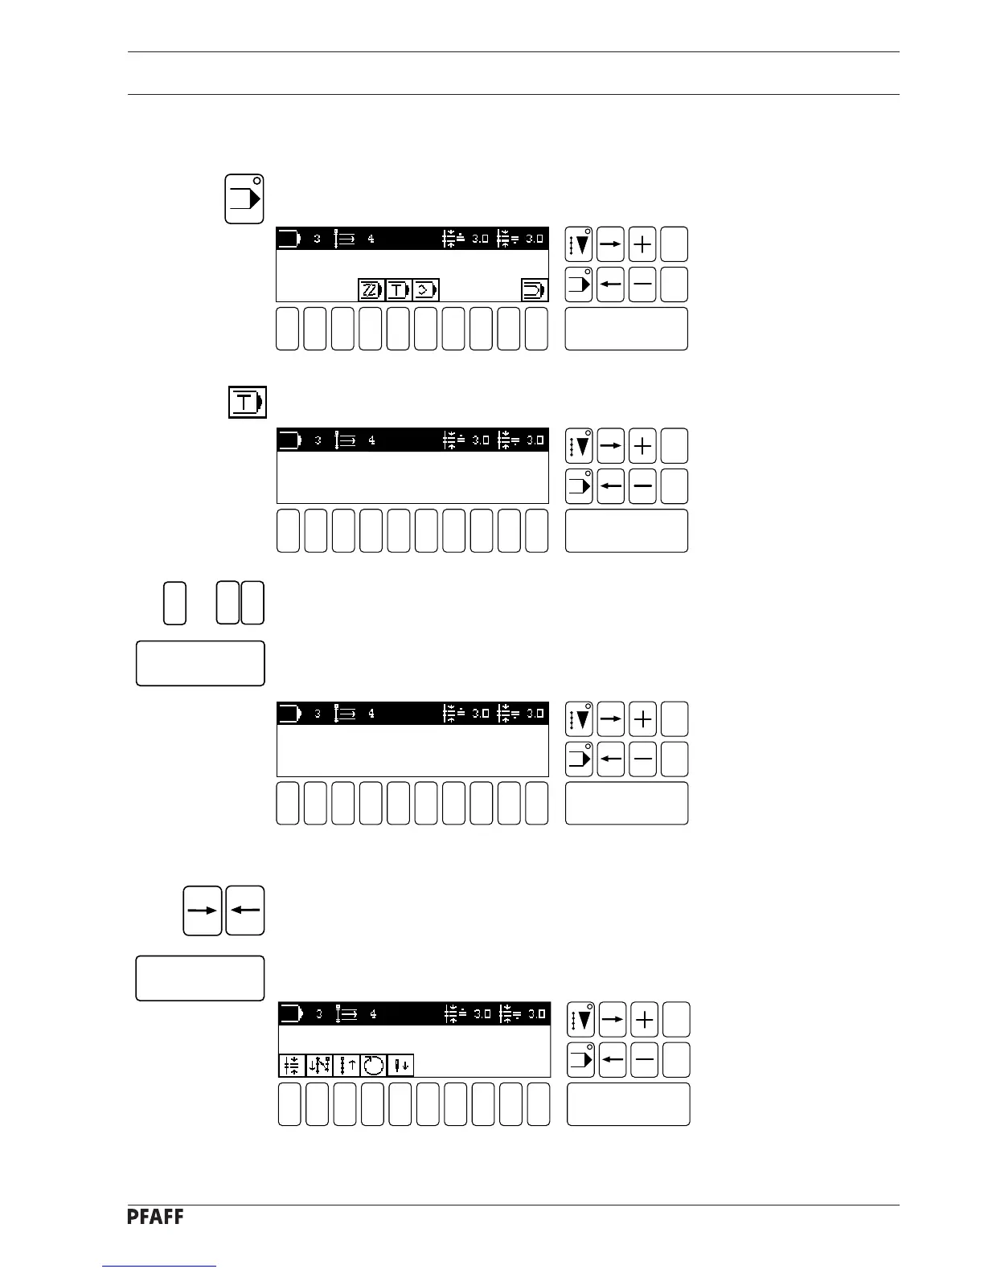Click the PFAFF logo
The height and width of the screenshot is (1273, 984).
pos(155,1218)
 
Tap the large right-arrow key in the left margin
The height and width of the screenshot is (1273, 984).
pos(202,911)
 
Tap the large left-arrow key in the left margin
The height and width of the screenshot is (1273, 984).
pos(245,911)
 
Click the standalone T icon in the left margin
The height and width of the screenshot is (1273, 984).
pos(246,401)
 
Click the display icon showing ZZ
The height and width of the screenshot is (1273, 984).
pos(371,289)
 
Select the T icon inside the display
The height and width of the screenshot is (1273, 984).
pos(399,289)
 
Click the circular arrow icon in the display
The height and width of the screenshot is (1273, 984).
pos(372,1066)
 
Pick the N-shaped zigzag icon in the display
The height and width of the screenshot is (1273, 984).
pos(319,1066)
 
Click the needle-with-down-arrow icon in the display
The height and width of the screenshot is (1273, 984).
pos(400,1066)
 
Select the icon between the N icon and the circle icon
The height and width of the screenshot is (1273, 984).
pos(346,1066)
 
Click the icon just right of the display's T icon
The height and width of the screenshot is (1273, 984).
pos(426,289)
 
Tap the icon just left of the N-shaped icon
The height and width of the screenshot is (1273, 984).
pos(292,1066)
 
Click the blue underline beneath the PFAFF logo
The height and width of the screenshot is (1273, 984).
pos(160,1266)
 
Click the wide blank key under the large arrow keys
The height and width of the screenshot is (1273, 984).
pos(200,978)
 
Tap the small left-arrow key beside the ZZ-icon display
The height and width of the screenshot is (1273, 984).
pos(611,284)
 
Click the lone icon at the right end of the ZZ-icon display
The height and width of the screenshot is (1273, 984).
pos(534,289)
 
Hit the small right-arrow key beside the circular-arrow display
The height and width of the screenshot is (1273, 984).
pos(613,1020)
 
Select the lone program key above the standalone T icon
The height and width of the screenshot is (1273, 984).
pos(244,198)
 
